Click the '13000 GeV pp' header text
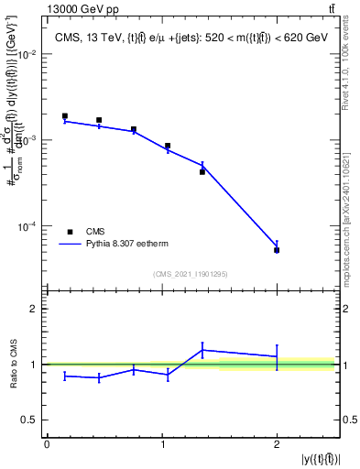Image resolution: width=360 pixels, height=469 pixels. [44, 8]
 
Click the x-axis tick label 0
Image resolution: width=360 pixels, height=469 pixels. [47, 444]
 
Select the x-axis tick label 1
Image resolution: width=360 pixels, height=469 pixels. [162, 444]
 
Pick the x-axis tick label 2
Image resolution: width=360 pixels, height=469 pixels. [277, 444]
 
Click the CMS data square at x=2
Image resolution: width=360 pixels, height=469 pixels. [277, 250]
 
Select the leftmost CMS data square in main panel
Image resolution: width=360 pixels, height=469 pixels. [64, 116]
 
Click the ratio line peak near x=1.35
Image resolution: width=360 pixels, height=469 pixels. [202, 349]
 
